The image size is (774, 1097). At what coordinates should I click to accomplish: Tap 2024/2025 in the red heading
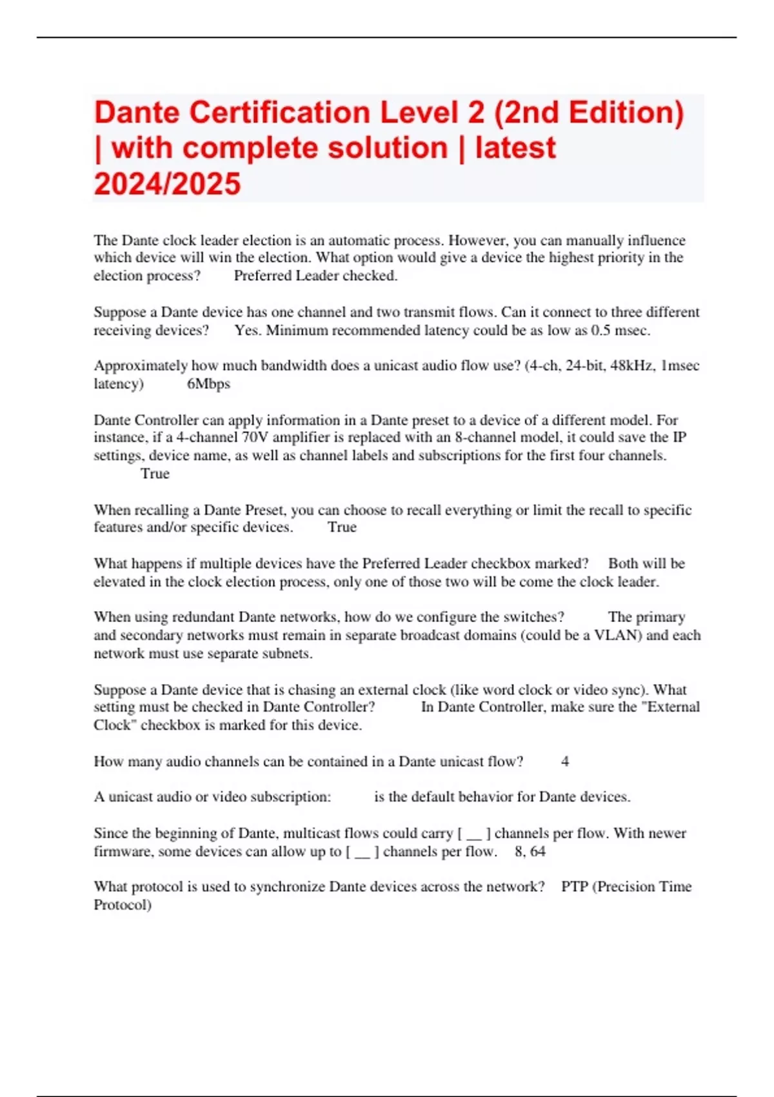[167, 184]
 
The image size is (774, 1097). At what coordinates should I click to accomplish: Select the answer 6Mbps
[208, 384]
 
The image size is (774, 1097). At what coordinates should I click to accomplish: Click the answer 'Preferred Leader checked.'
[315, 276]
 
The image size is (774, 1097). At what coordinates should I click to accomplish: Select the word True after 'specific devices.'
[342, 527]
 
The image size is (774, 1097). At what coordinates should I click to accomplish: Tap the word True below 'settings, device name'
[155, 474]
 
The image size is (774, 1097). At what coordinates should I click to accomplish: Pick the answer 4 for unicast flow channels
[565, 761]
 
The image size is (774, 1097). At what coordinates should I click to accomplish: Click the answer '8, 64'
[530, 852]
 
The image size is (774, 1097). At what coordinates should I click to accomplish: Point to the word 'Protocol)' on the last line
[123, 905]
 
